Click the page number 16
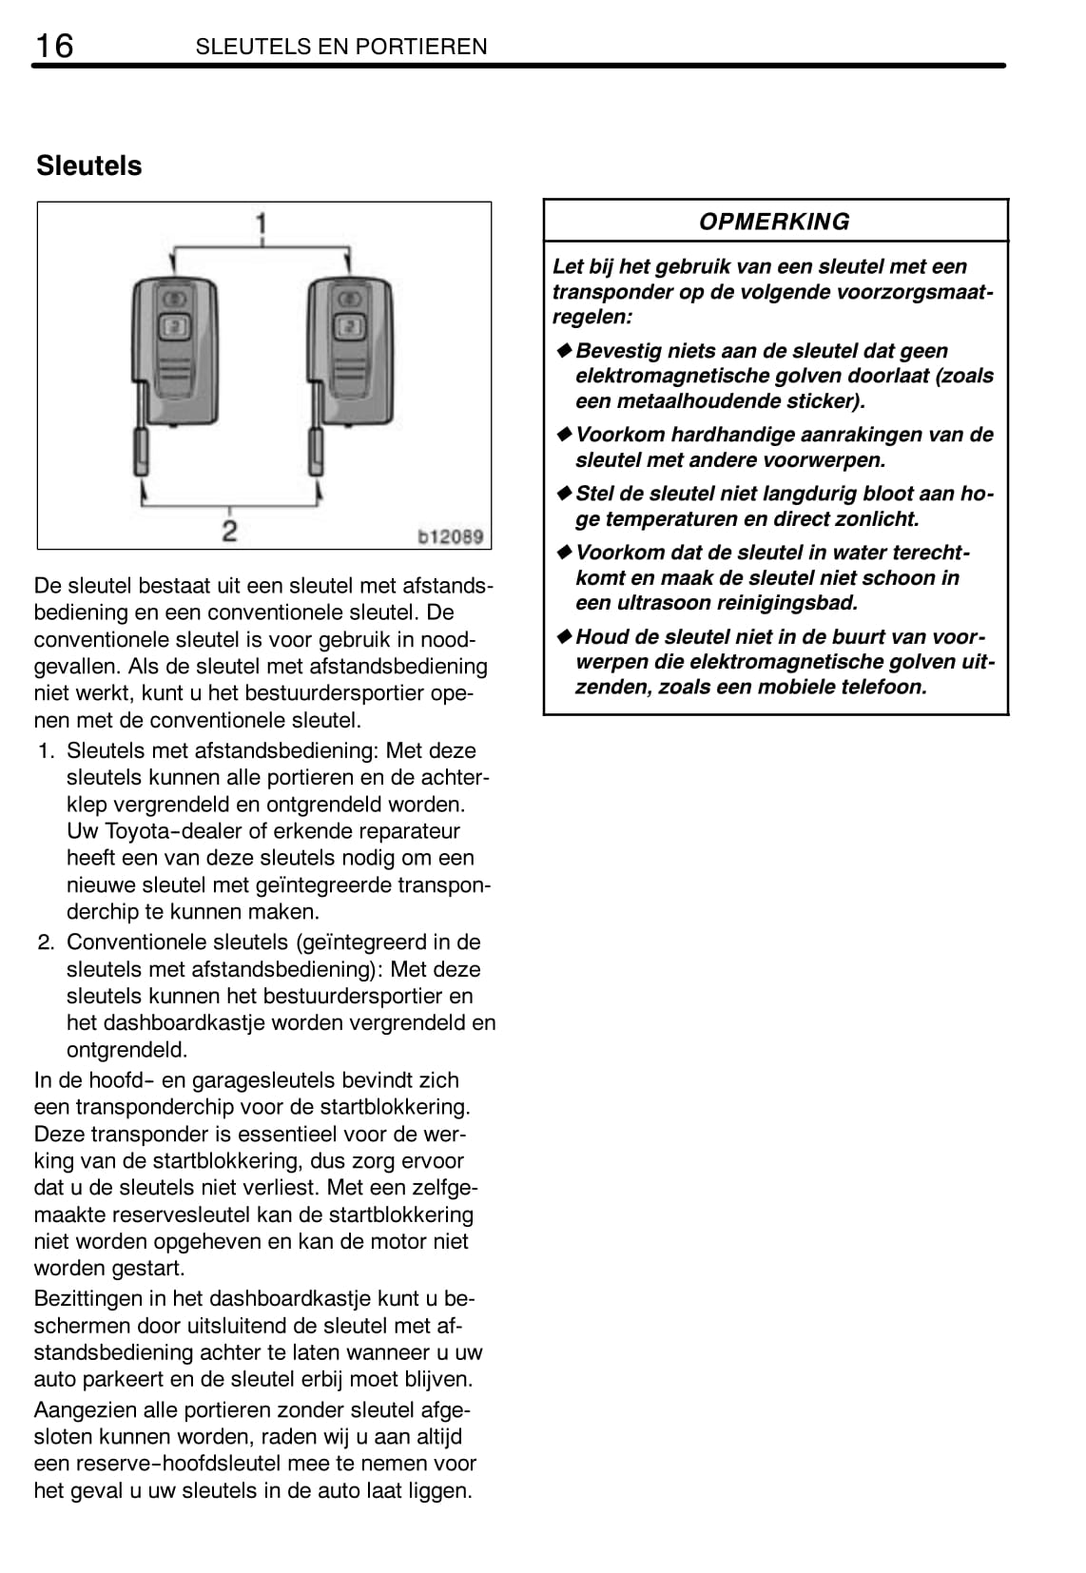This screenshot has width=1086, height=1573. tap(53, 45)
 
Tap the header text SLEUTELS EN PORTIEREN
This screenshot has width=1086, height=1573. tap(341, 47)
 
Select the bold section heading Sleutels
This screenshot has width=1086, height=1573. tap(88, 165)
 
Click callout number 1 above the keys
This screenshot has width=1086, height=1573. tap(260, 224)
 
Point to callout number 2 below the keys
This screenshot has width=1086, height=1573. tap(229, 530)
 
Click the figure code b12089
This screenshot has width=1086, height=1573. tap(451, 536)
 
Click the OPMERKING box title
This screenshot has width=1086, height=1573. tap(774, 222)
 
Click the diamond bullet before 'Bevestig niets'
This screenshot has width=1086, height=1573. tap(564, 351)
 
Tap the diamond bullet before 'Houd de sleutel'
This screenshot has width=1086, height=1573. tap(564, 637)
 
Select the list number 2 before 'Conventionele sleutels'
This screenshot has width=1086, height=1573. tap(46, 942)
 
